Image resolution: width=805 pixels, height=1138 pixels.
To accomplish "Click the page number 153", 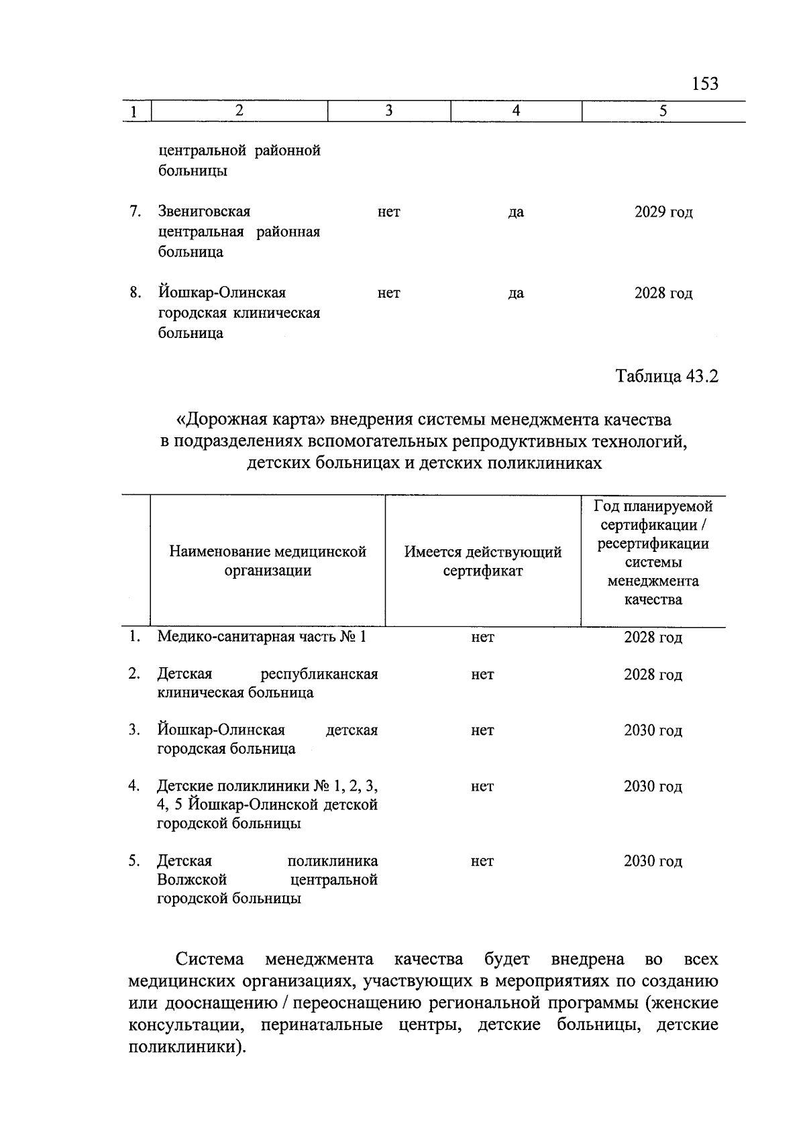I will (704, 84).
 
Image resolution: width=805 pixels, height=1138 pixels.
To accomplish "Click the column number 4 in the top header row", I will (516, 111).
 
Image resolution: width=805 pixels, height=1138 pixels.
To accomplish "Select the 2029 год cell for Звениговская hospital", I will (663, 213).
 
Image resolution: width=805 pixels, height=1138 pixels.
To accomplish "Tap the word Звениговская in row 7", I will (204, 212).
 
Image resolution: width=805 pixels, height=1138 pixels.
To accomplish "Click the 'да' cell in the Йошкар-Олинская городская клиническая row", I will (515, 294).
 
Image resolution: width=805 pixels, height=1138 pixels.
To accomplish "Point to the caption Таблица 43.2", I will (667, 377).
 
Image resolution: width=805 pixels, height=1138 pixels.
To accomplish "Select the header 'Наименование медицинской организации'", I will (268, 561).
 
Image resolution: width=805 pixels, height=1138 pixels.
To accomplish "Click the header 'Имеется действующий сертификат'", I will (482, 561).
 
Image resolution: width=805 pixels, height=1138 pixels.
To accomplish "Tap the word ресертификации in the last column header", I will (653, 544).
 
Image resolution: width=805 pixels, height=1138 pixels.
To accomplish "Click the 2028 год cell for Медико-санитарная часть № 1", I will (652, 638).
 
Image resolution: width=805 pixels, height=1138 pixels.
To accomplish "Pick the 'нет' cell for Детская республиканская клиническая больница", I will (482, 675).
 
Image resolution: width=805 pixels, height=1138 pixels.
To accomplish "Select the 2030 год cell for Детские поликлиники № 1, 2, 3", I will (652, 787).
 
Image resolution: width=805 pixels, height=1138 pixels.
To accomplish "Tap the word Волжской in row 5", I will (192, 880).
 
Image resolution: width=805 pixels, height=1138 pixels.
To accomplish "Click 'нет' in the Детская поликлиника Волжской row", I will (482, 862).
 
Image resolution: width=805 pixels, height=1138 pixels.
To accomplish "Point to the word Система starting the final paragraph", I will (209, 960).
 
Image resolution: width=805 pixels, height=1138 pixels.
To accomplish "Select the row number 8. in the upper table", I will (135, 293).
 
